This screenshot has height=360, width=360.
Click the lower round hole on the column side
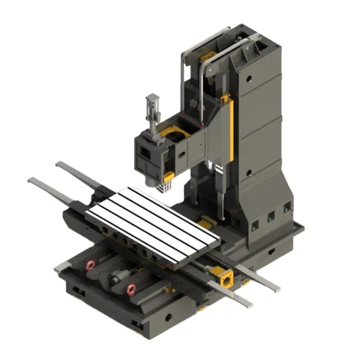click(x=249, y=173)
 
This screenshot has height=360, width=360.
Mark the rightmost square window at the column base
click(x=286, y=208)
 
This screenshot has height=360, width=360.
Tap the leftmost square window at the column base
click(x=254, y=225)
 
